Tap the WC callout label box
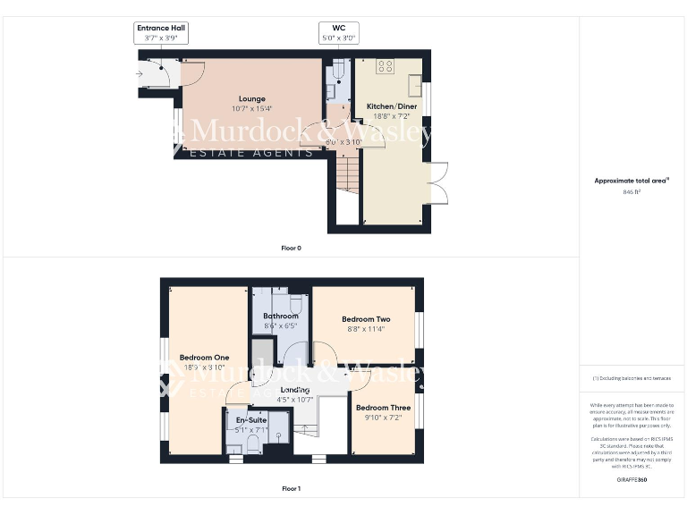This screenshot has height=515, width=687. (x=338, y=33)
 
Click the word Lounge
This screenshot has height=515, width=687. (x=251, y=98)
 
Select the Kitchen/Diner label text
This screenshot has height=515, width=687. (x=393, y=106)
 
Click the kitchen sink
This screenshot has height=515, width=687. (x=416, y=84)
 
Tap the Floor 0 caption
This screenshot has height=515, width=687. (x=291, y=248)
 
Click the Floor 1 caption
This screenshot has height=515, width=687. (x=291, y=489)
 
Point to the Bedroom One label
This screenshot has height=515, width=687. (x=204, y=358)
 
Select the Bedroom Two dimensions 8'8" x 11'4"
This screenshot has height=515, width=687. (x=366, y=329)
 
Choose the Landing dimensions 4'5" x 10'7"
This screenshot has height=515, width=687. (x=294, y=400)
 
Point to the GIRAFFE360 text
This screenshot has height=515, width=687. (x=632, y=480)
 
